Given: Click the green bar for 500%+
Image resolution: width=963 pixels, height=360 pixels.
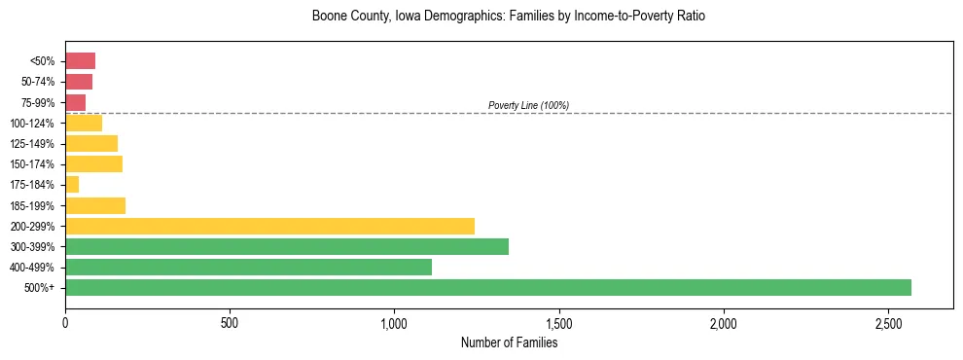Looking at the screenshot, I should tap(487, 287).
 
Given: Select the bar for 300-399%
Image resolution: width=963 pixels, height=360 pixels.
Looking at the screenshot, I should tap(286, 246).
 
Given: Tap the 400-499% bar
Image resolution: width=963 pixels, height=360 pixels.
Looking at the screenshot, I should tap(248, 267).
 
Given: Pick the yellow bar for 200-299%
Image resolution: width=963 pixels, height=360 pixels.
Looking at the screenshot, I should tap(269, 226).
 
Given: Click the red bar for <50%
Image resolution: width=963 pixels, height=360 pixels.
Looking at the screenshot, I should tap(80, 61).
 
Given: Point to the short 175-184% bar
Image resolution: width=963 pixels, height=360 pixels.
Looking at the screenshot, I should tap(72, 184).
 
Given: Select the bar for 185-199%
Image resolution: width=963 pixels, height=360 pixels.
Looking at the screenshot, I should tap(95, 205).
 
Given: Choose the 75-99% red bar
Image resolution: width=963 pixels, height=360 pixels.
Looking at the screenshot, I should tap(75, 102).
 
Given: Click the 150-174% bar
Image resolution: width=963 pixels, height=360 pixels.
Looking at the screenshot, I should tap(93, 163).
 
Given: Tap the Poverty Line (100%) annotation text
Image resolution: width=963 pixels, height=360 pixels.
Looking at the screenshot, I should tap(528, 105).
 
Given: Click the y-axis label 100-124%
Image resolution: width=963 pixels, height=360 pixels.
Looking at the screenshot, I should tap(32, 124).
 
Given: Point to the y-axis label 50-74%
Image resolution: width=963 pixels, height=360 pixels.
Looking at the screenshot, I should tap(37, 82).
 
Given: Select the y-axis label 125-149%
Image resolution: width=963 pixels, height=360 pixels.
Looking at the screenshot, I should tap(32, 144).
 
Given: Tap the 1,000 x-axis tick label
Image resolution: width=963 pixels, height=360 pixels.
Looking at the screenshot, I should tap(394, 322).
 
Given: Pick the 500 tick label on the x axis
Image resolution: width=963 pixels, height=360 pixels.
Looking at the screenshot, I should tap(230, 322).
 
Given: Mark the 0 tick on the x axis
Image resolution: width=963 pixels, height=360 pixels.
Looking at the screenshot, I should tap(65, 322).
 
